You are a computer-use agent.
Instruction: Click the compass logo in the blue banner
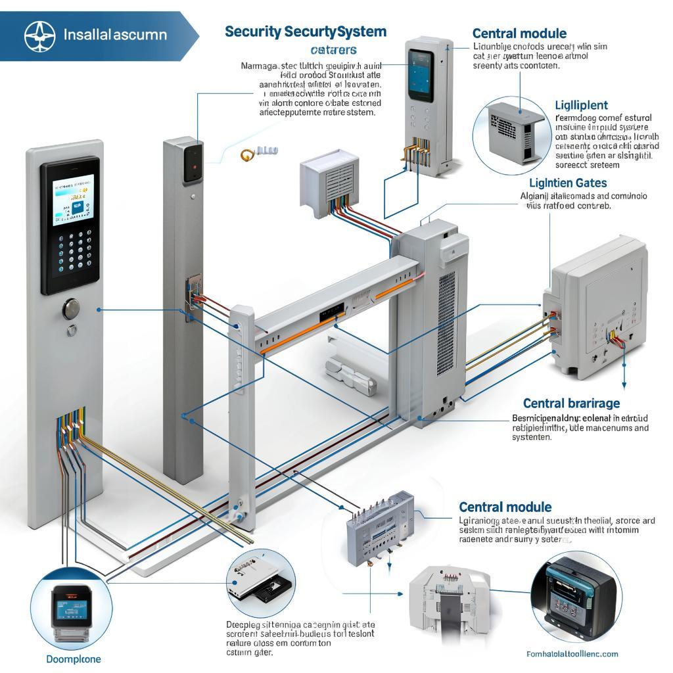click(40, 35)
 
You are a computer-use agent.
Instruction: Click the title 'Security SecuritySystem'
click(306, 32)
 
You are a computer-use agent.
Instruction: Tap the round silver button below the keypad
click(71, 308)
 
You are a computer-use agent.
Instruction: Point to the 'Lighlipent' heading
click(581, 105)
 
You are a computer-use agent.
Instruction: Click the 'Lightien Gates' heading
click(568, 183)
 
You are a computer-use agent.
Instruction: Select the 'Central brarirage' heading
click(571, 403)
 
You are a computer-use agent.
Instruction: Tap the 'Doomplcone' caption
click(74, 659)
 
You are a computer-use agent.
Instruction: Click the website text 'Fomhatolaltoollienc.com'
click(572, 654)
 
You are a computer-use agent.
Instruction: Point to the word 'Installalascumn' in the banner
click(115, 35)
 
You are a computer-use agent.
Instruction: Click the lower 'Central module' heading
click(505, 507)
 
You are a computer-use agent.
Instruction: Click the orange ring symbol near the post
click(247, 154)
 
